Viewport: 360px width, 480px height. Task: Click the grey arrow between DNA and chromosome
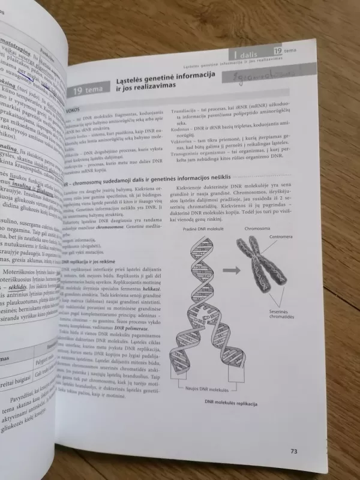click(x=229, y=271)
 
